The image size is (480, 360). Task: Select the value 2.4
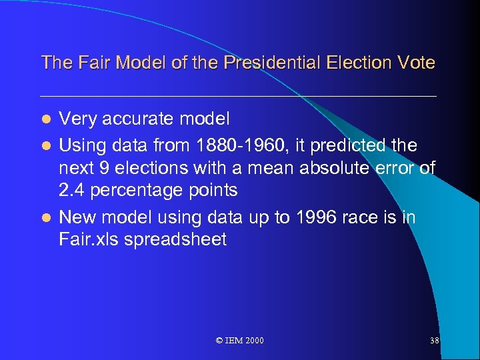[x=72, y=191]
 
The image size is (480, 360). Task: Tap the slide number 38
[x=434, y=341]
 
